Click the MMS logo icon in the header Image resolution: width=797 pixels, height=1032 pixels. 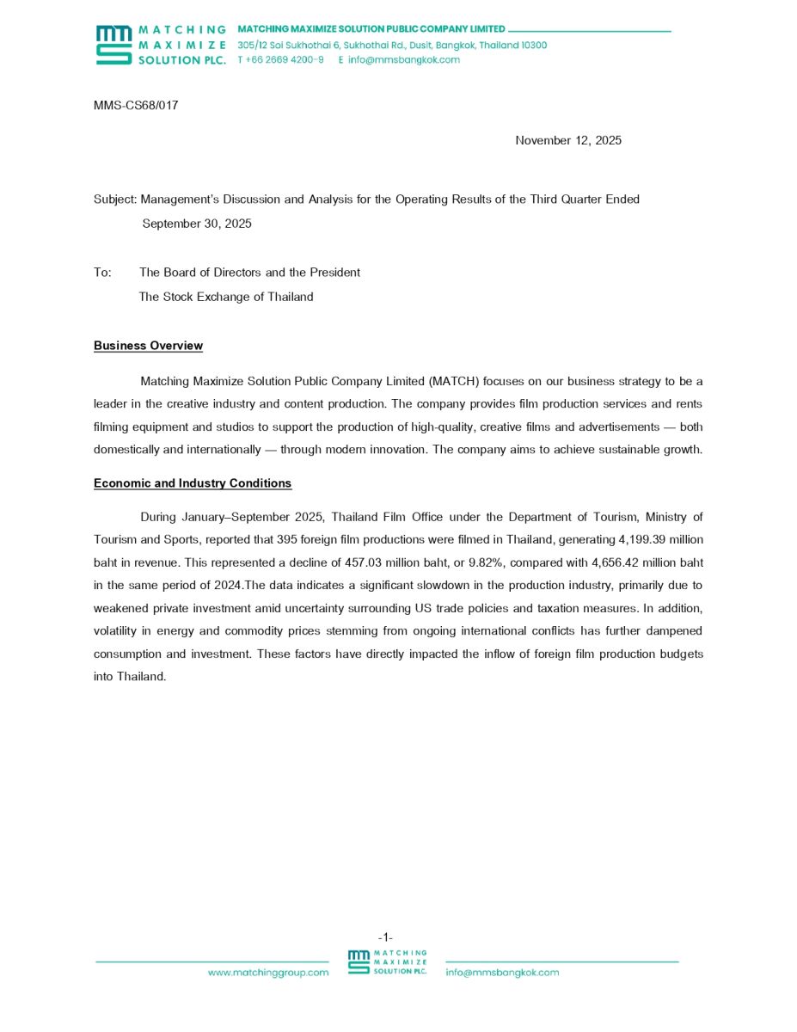click(x=113, y=45)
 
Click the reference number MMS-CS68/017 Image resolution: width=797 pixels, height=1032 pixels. click(x=136, y=106)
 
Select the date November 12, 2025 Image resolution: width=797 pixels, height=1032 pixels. click(x=568, y=140)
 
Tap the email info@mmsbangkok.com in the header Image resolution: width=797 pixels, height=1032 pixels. click(x=404, y=60)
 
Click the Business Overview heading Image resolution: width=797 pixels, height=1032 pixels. click(x=148, y=346)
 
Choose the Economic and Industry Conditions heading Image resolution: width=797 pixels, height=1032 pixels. click(x=193, y=483)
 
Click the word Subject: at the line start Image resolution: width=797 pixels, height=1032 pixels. click(x=115, y=200)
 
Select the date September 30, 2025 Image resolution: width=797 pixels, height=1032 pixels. click(x=197, y=224)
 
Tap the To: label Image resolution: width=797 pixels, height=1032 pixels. click(x=102, y=273)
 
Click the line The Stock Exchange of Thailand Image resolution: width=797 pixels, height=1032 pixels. click(x=226, y=297)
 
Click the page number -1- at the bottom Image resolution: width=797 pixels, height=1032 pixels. click(x=385, y=937)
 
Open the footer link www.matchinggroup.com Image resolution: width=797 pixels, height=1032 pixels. click(x=268, y=973)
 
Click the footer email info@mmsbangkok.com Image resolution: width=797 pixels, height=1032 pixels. click(x=502, y=973)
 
